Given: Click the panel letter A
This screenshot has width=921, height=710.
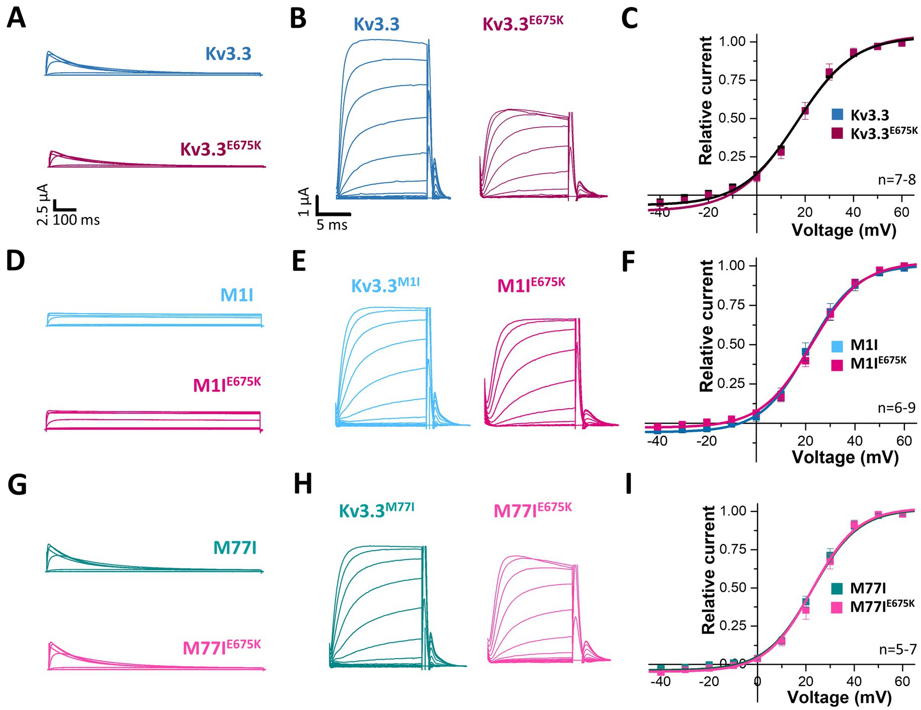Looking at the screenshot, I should (16, 19).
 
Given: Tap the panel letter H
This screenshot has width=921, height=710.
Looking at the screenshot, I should (302, 485).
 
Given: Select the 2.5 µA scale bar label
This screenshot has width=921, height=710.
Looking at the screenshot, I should (43, 204).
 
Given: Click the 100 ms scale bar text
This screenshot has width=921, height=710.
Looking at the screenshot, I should (76, 220).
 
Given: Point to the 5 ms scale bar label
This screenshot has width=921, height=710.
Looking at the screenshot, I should (332, 225).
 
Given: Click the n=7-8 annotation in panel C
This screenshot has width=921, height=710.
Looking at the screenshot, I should (897, 179).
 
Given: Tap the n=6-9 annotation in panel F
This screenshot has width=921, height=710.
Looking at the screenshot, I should (896, 408).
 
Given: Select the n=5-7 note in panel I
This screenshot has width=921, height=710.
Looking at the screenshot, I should (898, 650).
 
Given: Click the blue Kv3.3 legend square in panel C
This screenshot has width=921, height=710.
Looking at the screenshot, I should (837, 115).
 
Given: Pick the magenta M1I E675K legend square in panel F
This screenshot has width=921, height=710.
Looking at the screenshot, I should (837, 364).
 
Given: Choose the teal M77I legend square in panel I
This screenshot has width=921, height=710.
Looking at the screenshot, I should (837, 588).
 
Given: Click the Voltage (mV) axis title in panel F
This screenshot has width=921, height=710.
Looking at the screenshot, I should (845, 457).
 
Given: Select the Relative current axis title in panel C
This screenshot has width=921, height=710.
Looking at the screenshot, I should (706, 101).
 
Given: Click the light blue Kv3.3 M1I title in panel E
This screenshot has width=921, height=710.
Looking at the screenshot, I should (385, 285).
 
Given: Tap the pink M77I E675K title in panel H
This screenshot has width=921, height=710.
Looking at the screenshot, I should (532, 510).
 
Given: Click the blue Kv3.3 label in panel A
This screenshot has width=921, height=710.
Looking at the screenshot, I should (228, 54).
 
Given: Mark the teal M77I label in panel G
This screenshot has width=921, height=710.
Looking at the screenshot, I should (235, 547).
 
